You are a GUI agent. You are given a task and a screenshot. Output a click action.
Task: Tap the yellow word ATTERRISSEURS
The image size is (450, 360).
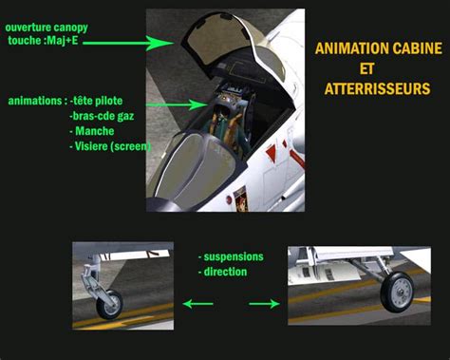coord(377,88)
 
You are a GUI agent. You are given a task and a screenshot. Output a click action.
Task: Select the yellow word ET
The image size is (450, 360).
coord(366,68)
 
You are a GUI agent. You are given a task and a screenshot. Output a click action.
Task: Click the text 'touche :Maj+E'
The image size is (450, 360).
coord(43,41)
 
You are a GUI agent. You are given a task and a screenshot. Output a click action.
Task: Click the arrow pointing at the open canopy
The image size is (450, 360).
coord(128,43)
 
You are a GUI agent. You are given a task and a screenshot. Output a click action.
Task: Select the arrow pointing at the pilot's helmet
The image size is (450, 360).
coord(177,104)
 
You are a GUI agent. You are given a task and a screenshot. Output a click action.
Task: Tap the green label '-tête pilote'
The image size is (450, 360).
coord(96,101)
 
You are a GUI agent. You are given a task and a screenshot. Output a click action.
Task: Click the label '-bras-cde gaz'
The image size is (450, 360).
coord(102,117)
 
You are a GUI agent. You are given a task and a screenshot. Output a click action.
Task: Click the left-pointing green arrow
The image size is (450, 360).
coord(198,304)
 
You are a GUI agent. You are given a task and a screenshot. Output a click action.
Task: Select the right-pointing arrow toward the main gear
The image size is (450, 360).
coord(264,304)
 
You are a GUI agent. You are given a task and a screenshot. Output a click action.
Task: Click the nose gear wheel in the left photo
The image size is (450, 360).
coord(109,305)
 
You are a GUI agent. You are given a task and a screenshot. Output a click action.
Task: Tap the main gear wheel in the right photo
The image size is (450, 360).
coord(397,292)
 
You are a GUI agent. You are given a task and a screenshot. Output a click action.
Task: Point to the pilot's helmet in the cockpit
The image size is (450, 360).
coord(221,108)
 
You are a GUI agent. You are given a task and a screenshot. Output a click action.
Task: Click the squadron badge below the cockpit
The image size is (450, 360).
coord(240,199)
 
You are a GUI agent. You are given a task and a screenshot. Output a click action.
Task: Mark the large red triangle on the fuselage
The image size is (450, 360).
coord(272,154)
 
